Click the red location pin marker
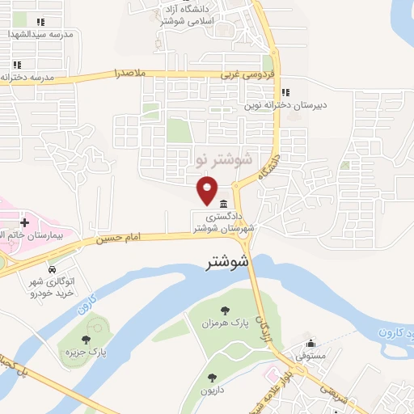pyautogui.click(x=208, y=189)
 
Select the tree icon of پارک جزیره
pyautogui.click(x=87, y=340)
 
